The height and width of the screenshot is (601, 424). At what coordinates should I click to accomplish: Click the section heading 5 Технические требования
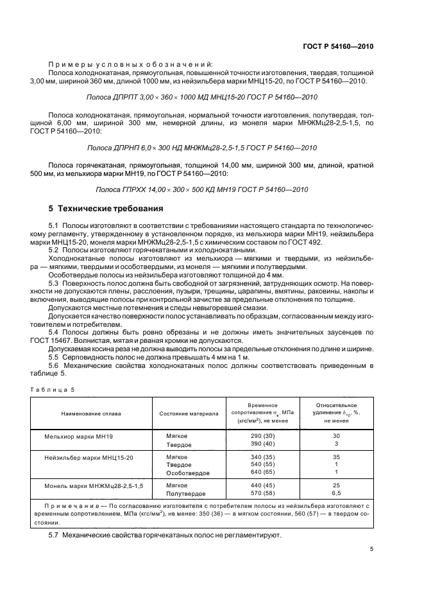tap(105, 209)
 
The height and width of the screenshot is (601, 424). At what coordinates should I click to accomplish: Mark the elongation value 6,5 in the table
tap(336, 493)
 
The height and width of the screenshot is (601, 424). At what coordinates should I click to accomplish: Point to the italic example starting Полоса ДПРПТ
tap(202, 97)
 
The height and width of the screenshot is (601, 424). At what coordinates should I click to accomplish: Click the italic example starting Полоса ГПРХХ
tap(202, 189)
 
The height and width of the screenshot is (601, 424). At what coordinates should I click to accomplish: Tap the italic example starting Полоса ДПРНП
tap(202, 148)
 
